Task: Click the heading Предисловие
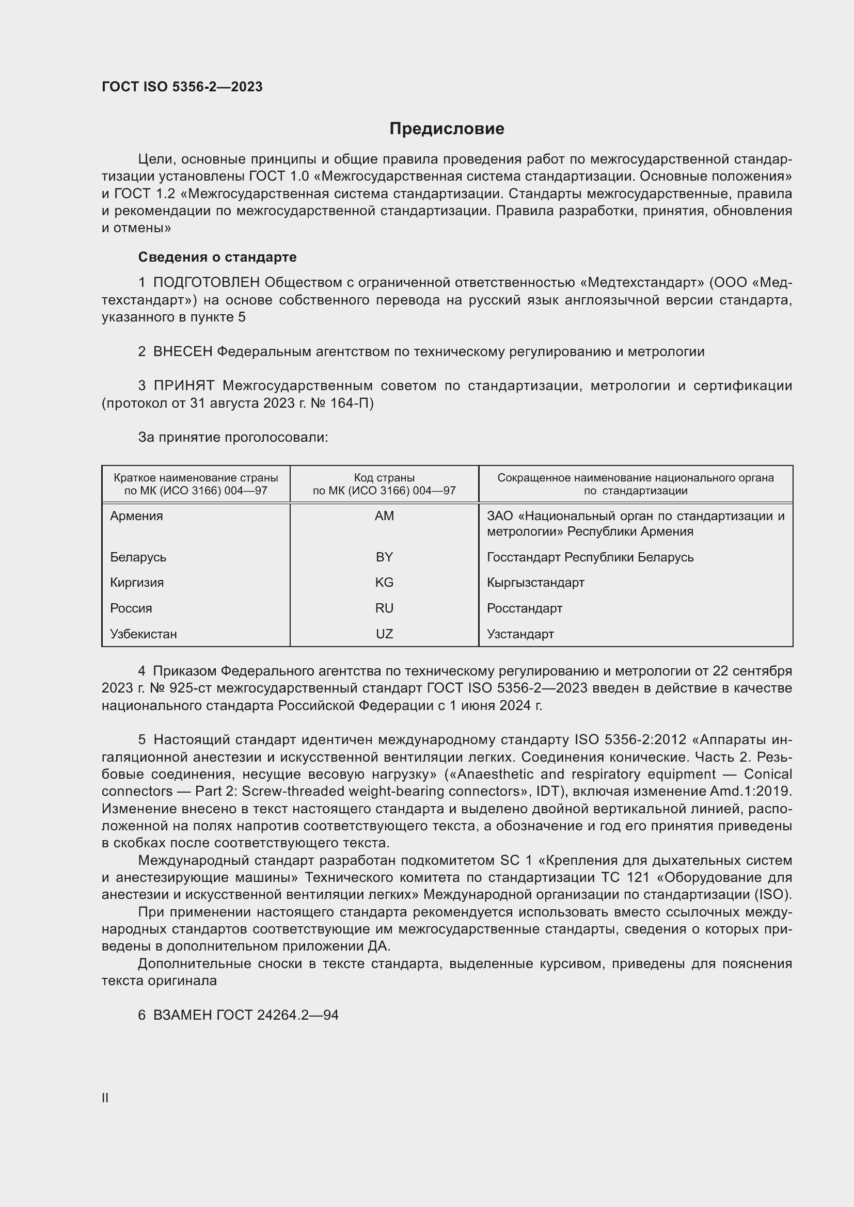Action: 447,129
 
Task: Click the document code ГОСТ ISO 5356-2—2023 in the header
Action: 182,87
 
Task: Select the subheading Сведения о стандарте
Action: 217,257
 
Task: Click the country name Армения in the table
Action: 136,516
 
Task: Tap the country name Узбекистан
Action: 143,634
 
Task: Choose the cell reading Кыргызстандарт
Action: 535,583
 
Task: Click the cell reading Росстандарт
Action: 524,608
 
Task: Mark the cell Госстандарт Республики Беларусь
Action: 590,557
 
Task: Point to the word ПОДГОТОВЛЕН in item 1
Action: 206,283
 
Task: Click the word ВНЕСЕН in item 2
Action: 182,352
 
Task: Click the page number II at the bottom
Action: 105,1098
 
